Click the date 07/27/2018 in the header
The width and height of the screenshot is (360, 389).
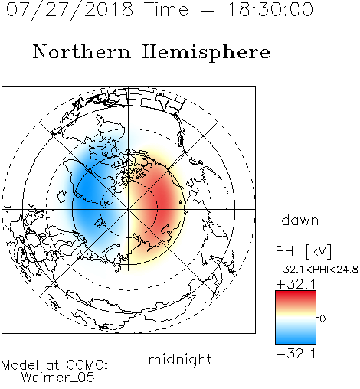pyautogui.click(x=70, y=10)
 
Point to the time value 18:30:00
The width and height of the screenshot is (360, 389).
pyautogui.click(x=270, y=9)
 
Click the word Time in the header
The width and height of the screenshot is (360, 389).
pyautogui.click(x=166, y=9)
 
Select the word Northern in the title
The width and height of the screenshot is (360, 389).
pyautogui.click(x=82, y=51)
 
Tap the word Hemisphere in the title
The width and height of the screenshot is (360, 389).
pyautogui.click(x=206, y=52)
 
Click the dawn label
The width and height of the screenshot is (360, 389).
pyautogui.click(x=300, y=220)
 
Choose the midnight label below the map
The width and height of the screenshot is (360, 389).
pyautogui.click(x=180, y=360)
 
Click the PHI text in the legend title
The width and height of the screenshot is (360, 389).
pyautogui.click(x=287, y=251)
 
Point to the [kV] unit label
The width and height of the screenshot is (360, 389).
pyautogui.click(x=319, y=251)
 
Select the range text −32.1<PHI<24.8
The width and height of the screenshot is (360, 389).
pyautogui.click(x=317, y=270)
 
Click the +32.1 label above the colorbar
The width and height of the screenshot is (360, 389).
pyautogui.click(x=296, y=284)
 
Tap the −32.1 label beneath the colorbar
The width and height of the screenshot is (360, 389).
pyautogui.click(x=296, y=354)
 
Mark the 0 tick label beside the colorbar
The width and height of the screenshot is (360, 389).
pyautogui.click(x=322, y=319)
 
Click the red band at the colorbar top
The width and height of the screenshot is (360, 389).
pyautogui.click(x=296, y=296)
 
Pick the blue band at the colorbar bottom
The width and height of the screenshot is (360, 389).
pyautogui.click(x=296, y=339)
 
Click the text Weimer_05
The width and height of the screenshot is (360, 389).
pyautogui.click(x=58, y=378)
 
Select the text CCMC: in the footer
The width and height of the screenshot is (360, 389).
pyautogui.click(x=87, y=365)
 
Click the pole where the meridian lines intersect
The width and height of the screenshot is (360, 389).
pyautogui.click(x=129, y=209)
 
